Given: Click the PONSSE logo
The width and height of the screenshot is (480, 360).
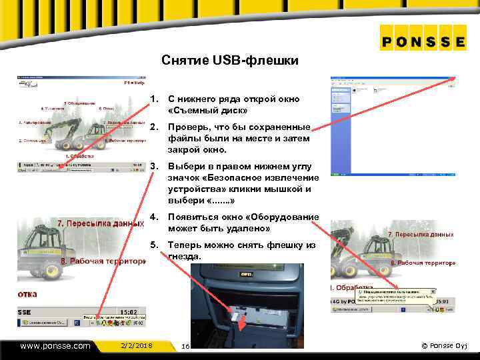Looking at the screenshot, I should click(423, 41).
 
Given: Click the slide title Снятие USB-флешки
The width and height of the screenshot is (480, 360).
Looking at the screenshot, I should click(230, 61).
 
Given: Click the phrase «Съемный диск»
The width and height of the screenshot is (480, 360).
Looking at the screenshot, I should click(208, 110).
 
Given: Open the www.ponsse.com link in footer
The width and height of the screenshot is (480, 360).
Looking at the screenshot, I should click(55, 346).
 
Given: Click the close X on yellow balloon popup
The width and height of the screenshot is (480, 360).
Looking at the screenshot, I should click(432, 291).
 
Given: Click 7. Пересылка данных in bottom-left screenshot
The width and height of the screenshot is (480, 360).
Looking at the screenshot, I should click(100, 224).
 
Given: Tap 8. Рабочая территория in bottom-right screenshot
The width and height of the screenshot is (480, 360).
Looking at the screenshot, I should click(422, 263).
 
